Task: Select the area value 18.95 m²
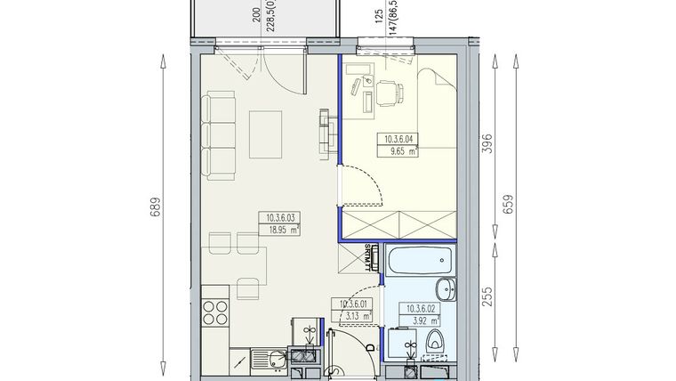[x=279, y=229]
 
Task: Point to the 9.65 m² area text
[x=401, y=151]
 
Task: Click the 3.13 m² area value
[x=353, y=315]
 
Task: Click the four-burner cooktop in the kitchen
[x=215, y=312]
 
